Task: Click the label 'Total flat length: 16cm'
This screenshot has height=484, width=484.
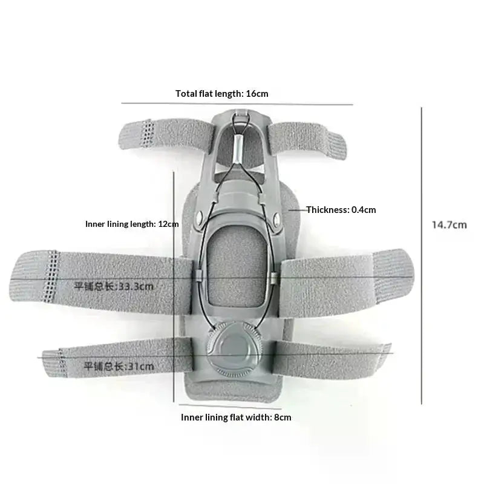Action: point(221,94)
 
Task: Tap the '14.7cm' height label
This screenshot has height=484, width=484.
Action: point(449,224)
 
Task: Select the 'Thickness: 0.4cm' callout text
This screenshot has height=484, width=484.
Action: point(341,210)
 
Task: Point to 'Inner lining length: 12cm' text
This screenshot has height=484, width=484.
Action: point(132,224)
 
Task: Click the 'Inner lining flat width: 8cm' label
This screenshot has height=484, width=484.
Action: point(236,417)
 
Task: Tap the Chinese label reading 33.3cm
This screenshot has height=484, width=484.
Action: point(114,286)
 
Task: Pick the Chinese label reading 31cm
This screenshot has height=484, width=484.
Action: point(119,367)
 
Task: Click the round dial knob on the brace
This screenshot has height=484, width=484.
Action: point(235,348)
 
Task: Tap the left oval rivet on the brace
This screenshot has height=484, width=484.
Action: point(200,217)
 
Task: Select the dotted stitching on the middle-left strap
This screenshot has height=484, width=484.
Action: point(51,276)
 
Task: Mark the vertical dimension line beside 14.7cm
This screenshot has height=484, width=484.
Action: point(421,255)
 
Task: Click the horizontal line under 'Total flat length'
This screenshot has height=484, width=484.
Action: point(237,103)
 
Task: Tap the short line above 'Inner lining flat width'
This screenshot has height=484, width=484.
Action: point(231,407)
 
